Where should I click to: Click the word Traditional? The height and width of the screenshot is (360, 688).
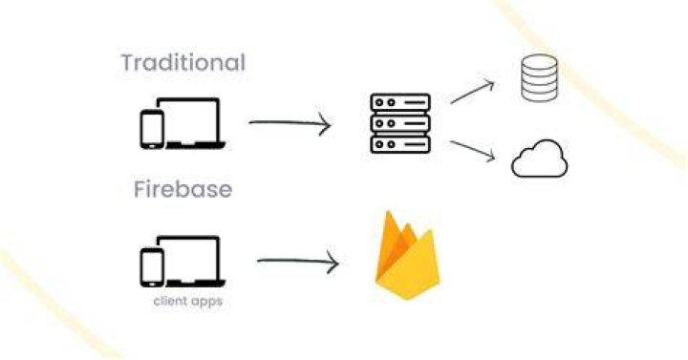183,62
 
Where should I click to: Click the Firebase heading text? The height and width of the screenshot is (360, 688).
183,189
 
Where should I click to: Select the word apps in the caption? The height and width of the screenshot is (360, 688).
206,302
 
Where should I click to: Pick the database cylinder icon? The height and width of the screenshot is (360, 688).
539,77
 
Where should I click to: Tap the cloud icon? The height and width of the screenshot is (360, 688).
539,159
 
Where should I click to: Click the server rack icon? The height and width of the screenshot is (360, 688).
400,123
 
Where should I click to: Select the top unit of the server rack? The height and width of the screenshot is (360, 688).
400,102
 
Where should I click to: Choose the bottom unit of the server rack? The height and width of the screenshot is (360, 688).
400,144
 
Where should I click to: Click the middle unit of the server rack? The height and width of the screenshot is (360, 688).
400,123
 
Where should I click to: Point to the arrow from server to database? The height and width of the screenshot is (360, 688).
472,92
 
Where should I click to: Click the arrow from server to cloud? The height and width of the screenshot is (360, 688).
473,151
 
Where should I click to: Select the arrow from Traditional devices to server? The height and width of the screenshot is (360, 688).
290,123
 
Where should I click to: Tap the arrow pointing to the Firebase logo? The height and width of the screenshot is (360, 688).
297,262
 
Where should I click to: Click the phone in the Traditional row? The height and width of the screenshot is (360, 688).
152,129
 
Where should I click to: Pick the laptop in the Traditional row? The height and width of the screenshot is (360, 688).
191,123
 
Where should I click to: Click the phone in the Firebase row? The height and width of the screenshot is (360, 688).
152,267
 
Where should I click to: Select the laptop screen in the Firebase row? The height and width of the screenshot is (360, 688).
188,258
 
